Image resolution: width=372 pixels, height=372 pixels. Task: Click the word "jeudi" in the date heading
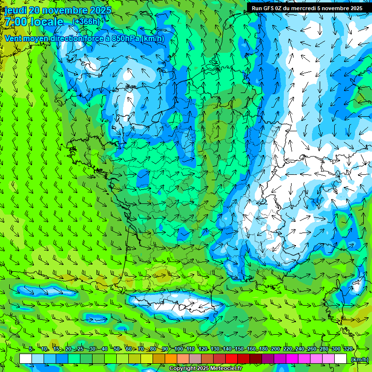[x=15, y=10]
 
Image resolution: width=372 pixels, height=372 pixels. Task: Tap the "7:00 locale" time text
[x=34, y=22]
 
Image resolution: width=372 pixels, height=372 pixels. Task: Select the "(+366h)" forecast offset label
[x=86, y=22]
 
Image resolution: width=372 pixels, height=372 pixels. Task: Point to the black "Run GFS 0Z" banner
[x=307, y=8]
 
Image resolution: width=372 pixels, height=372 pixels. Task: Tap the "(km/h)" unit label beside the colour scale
[x=358, y=359]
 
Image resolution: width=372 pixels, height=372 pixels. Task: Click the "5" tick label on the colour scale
[x=31, y=349]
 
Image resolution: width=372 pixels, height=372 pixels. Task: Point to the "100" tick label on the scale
[x=178, y=349]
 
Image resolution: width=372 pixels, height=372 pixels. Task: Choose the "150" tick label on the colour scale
[x=239, y=349]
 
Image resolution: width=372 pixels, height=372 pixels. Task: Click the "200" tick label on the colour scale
[x=275, y=349]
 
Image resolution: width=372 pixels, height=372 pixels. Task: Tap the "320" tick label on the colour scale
[x=348, y=349]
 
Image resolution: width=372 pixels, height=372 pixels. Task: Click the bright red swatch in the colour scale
[x=232, y=359]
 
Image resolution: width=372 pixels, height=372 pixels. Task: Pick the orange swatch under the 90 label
[x=171, y=359]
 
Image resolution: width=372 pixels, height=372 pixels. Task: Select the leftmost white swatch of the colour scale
[x=26, y=359]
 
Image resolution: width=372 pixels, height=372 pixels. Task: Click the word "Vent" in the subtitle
[x=14, y=38]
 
